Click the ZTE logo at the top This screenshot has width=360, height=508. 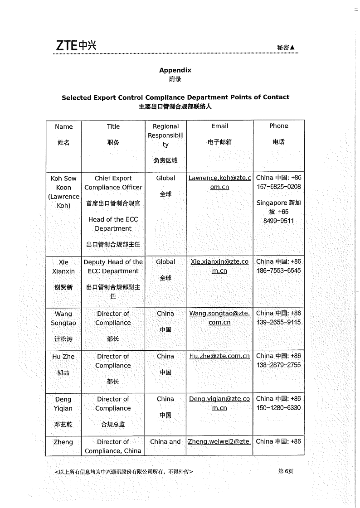click(x=76, y=45)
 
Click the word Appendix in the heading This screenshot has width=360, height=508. click(x=175, y=70)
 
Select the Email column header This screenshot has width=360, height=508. click(x=219, y=126)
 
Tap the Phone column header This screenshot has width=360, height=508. click(x=278, y=126)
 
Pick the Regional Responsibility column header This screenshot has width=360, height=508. click(x=165, y=135)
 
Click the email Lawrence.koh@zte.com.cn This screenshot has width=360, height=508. click(x=219, y=183)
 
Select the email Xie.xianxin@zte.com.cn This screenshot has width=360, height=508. click(x=219, y=266)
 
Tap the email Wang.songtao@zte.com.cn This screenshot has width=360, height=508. click(x=219, y=318)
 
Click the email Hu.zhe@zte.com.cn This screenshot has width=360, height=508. click(x=219, y=356)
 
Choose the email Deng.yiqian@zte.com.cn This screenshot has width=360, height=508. click(x=219, y=403)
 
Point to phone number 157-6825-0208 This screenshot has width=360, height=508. click(x=278, y=187)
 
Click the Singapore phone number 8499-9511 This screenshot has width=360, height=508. click(x=278, y=221)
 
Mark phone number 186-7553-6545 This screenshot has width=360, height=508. click(x=278, y=271)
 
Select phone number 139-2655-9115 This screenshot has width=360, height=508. click(x=278, y=322)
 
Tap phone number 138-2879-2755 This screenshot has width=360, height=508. click(x=278, y=365)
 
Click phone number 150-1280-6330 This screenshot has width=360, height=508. click(x=278, y=407)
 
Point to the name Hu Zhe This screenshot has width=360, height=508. click(x=63, y=357)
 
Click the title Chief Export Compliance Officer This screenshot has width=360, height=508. click(x=113, y=183)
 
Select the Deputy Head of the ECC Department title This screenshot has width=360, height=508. click(x=113, y=266)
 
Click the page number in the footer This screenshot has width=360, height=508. click(x=286, y=471)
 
